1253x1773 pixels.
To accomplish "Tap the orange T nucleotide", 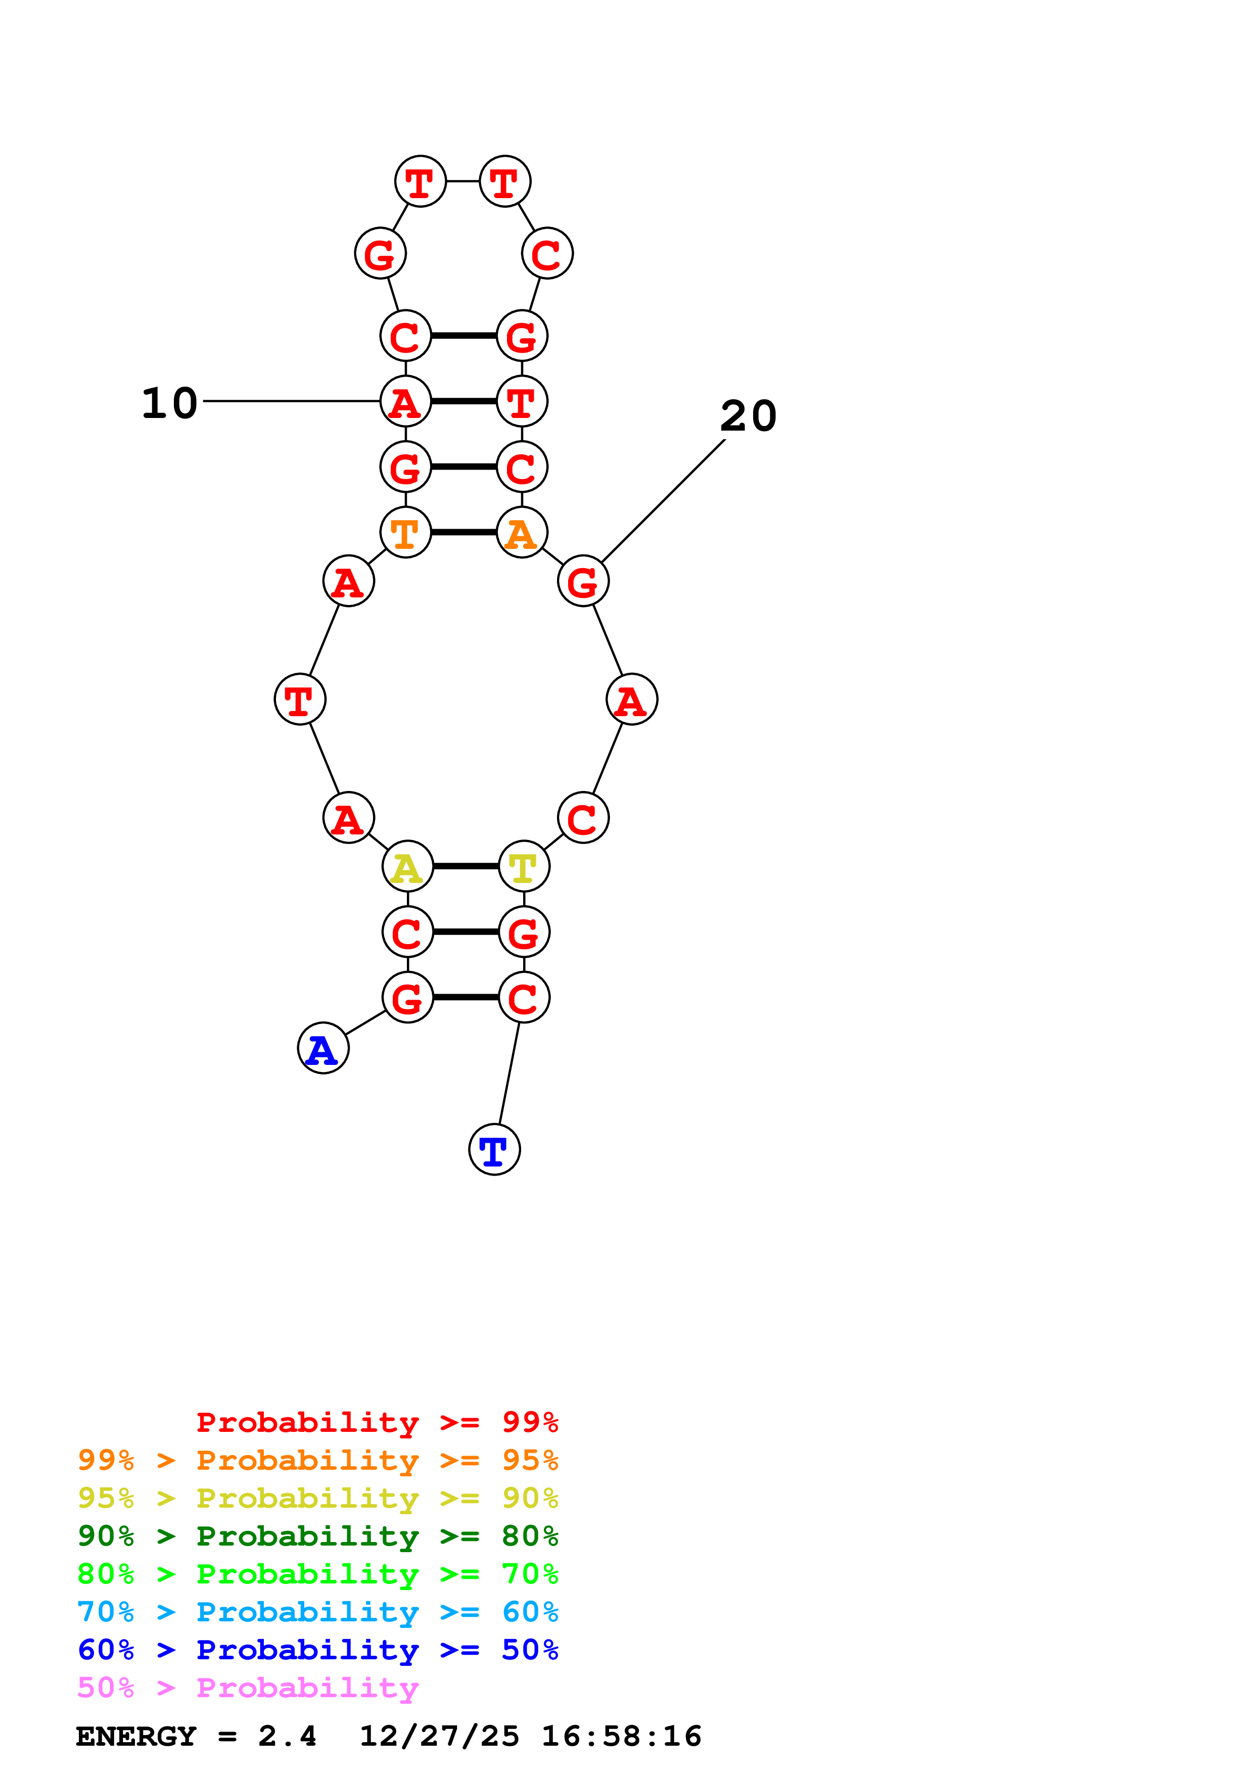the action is tap(405, 532).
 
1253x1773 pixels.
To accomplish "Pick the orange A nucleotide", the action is tap(522, 532).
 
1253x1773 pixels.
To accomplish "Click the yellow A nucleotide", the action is tap(407, 866).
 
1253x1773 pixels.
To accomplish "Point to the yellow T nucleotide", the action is tap(524, 866).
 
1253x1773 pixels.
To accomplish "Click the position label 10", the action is tap(170, 403).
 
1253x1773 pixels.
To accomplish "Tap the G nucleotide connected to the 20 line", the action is tap(583, 581).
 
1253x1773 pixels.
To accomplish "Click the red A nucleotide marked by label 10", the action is tap(405, 401).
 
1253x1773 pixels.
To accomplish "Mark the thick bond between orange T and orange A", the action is tap(463, 532).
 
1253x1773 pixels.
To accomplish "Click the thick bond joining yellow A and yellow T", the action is tap(466, 866).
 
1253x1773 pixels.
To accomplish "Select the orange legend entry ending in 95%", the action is tap(317, 1460).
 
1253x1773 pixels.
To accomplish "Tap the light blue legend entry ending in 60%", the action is tap(317, 1612).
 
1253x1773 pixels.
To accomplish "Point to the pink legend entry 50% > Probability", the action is tap(247, 1687).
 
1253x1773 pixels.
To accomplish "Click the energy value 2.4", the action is tap(287, 1736).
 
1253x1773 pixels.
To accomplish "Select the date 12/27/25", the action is tap(439, 1736).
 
